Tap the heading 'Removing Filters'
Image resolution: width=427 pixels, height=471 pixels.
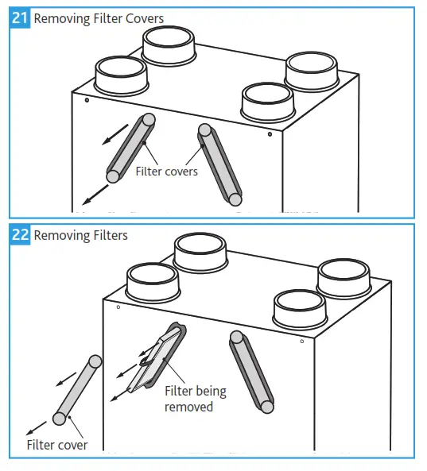coord(80,235)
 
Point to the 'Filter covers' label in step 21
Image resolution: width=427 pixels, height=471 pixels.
coord(166,171)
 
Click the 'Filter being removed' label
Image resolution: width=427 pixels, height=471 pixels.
coord(195,398)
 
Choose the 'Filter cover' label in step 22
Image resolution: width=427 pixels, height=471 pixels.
coord(56,445)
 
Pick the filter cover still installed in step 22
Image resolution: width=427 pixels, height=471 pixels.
coord(251,371)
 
